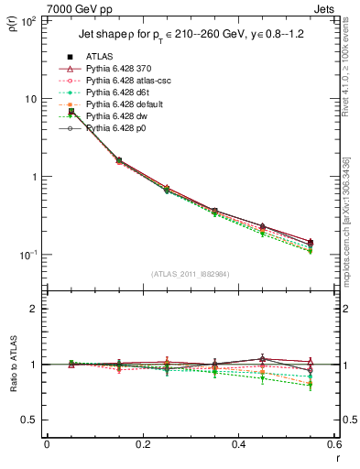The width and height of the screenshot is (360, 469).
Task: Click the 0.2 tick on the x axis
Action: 143,444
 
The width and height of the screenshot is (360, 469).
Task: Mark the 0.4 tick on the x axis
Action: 239,444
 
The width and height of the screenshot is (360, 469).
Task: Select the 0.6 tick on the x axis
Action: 335,444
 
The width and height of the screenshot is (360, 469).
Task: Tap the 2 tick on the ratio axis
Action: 34,309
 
